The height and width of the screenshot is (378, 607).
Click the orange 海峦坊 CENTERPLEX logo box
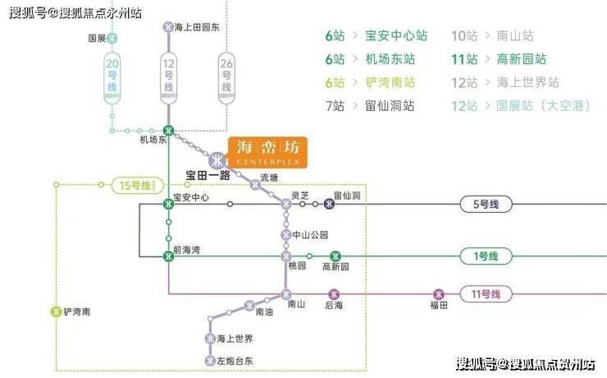(267, 151)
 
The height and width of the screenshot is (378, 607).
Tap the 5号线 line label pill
(485, 205)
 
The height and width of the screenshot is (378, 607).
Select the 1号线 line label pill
(485, 256)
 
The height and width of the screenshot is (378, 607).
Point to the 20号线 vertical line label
(113, 76)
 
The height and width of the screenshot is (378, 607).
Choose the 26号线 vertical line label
(226, 76)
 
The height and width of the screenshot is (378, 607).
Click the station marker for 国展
(113, 38)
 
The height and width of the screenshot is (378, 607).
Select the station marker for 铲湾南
(56, 311)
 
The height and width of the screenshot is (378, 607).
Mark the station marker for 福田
(439, 293)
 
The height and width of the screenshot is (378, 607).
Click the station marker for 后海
(333, 293)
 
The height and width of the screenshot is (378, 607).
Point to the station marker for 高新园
(335, 256)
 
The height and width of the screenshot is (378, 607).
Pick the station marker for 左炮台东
(209, 360)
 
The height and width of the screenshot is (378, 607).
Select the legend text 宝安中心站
(398, 36)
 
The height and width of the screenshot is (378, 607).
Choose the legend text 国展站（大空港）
(536, 106)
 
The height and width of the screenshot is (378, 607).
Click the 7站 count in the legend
(335, 106)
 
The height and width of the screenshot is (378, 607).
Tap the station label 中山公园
(312, 235)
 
